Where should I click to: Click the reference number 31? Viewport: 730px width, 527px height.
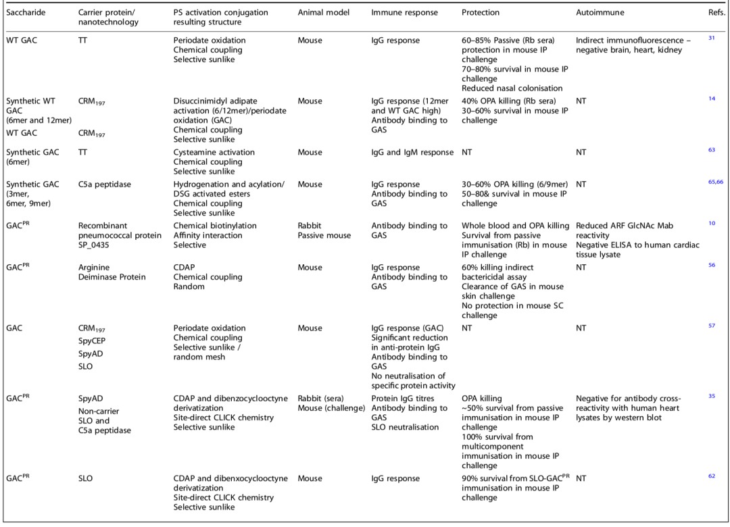coord(711,39)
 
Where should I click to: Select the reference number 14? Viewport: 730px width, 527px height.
coord(711,99)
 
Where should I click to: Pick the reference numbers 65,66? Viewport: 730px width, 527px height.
coord(715,182)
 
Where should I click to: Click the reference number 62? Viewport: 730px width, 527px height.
coord(711,476)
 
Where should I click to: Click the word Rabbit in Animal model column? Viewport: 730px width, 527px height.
coord(310,226)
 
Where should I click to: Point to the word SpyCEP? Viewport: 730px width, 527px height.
coord(94,341)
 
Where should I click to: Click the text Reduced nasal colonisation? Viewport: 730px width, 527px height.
coord(512,89)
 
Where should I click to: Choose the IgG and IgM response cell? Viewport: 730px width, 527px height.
coord(412,153)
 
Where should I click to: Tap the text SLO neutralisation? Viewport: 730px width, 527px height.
coord(405,427)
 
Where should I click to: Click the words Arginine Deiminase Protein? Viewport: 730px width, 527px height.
coord(112,272)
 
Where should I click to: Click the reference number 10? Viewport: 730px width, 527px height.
coord(711,224)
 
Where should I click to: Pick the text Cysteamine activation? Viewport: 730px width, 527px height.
coord(214,153)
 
